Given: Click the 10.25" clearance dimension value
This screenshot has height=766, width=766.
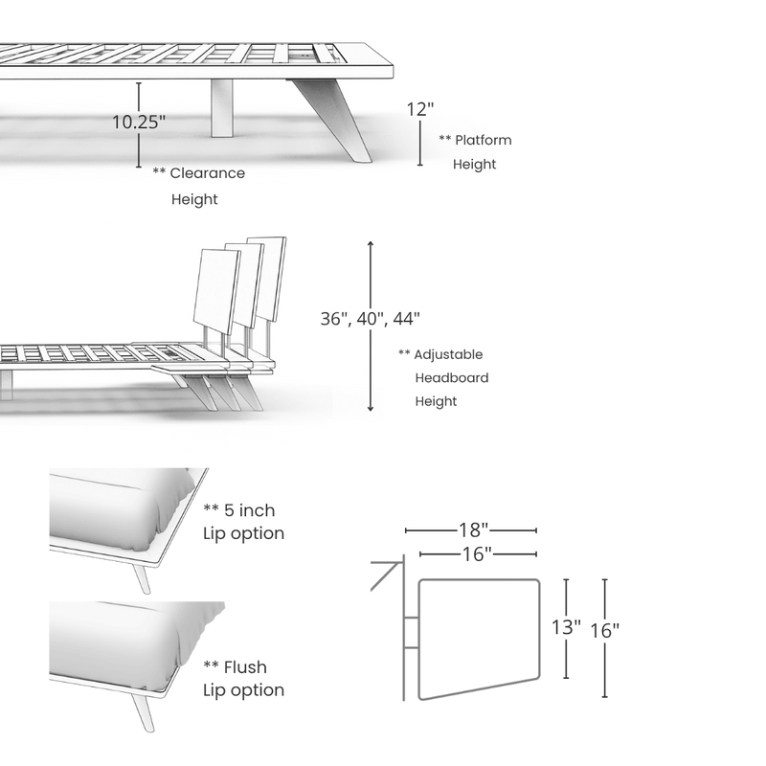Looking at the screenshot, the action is pos(139,123).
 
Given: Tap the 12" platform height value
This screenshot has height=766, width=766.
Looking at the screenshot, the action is pos(420,109).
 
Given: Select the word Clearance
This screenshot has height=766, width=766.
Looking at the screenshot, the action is pos(207,173).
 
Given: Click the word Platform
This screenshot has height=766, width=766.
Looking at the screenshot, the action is pos(484,140).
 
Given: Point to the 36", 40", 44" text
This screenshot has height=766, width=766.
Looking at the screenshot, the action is pos(371,319).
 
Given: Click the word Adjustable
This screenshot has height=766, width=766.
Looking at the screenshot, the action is pos(448,354).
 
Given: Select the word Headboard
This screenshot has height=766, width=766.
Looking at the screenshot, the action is pos(452,377).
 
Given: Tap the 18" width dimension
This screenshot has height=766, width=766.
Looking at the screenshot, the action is pos(473,529).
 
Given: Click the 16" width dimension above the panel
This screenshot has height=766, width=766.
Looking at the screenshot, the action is pos(477,554).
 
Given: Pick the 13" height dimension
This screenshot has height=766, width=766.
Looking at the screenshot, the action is pos(566,628).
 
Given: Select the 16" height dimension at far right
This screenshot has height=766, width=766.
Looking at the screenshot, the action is pos(605,631).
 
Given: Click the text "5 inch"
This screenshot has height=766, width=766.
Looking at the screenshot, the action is pos(249,510).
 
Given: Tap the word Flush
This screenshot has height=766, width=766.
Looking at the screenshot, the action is pos(245,667).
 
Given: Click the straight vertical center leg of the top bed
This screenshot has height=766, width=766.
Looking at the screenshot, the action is pos(222,108).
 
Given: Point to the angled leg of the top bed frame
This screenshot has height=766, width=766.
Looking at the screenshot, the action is pos(333,121).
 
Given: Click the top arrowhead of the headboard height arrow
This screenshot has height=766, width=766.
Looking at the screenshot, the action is pos(371,243).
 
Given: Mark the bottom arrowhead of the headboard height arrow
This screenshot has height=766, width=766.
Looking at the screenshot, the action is pos(371,408).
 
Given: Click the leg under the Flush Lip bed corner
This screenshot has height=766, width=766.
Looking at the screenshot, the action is pos(142,710).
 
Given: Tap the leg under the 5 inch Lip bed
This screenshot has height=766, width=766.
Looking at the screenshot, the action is pos(142,579).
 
